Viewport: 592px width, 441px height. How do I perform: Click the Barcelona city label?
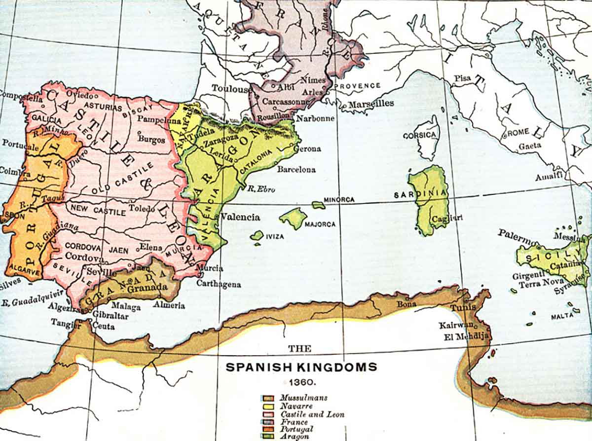296,169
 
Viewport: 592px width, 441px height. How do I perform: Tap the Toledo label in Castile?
142,208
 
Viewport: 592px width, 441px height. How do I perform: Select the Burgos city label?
151,140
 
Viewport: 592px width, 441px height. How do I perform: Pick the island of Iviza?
257,236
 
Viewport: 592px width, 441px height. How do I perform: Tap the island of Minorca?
318,204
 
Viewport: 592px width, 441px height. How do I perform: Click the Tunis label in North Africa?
463,307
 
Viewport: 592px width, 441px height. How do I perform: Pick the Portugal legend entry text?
295,429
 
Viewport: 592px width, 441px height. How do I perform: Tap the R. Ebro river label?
261,188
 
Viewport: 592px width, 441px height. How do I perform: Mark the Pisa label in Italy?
463,78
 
